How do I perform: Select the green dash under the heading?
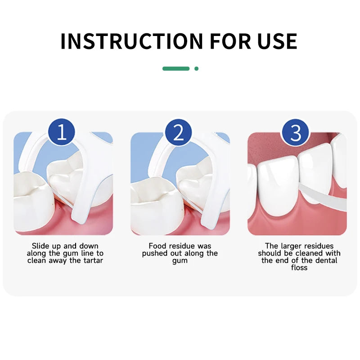(176, 68)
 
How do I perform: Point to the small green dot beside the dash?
(196, 68)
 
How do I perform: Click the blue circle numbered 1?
(62, 133)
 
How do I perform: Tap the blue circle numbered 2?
(179, 133)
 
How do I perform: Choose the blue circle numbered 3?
(295, 133)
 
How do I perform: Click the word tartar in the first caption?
(91, 261)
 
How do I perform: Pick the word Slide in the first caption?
(40, 246)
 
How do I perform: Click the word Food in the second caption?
(157, 246)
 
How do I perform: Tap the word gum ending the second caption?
(180, 261)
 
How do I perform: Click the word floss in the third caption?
(299, 268)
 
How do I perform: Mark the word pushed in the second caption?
(154, 253)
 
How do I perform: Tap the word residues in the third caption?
(318, 246)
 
